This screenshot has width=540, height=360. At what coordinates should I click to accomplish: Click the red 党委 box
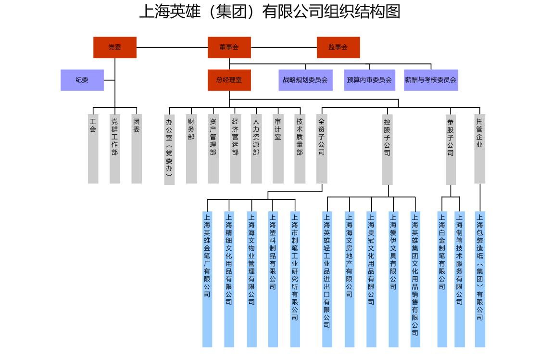[x=114, y=47]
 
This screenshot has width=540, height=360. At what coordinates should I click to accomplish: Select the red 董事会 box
[x=229, y=47]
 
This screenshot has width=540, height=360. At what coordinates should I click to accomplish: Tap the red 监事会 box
[x=338, y=47]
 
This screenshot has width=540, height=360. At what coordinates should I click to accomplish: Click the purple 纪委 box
[x=82, y=80]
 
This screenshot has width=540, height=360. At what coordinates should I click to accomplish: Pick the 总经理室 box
[x=229, y=80]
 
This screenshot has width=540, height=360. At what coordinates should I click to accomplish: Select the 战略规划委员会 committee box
[x=305, y=80]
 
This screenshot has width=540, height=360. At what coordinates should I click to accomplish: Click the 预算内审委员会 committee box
[x=369, y=80]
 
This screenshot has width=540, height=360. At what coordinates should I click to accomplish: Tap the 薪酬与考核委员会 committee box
[x=430, y=80]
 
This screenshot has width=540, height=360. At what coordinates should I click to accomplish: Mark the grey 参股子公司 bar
[x=451, y=149]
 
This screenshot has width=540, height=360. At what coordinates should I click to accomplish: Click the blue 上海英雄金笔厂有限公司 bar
[x=207, y=279]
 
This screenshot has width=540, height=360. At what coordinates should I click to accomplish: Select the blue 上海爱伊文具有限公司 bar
[x=393, y=279]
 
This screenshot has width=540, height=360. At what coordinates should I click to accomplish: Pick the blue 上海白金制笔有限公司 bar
[x=442, y=279]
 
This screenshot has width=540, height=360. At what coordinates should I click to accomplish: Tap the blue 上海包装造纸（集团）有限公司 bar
[x=480, y=279]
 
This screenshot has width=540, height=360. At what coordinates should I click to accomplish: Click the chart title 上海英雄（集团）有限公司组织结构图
[x=269, y=11]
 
